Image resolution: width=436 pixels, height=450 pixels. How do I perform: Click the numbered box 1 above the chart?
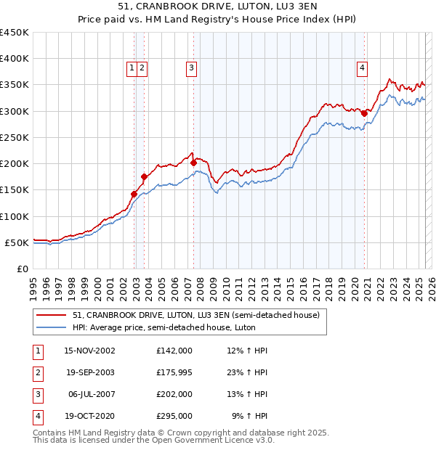tap(132, 68)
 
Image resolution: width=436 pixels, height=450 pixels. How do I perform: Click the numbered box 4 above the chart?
tap(362, 68)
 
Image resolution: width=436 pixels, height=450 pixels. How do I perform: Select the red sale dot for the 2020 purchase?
tap(364, 113)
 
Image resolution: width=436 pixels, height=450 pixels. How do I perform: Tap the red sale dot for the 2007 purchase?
tap(194, 163)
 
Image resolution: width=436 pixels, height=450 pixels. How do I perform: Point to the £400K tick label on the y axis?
tap(15, 59)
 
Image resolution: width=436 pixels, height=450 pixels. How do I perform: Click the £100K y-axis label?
tap(15, 216)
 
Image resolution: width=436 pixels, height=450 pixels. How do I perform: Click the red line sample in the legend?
tap(52, 315)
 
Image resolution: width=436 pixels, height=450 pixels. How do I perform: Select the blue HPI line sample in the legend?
tap(52, 327)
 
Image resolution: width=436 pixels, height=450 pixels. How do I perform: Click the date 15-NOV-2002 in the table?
tap(89, 351)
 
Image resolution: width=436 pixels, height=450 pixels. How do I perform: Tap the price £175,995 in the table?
tap(174, 372)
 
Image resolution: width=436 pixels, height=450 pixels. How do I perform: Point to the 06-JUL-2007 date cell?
tap(90, 394)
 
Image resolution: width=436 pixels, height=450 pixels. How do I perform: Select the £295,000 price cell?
tap(174, 416)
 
